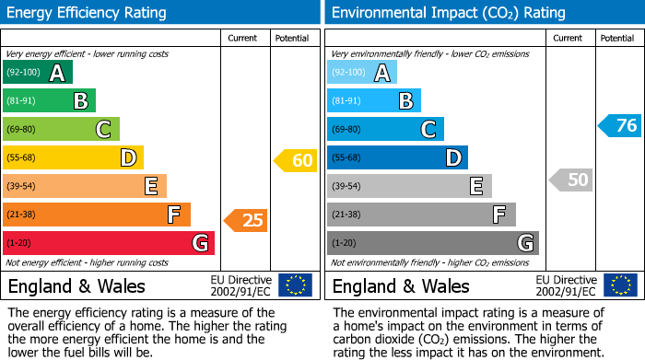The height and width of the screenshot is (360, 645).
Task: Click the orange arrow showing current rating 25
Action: [x=246, y=220]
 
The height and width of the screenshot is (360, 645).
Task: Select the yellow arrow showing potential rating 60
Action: [x=295, y=161]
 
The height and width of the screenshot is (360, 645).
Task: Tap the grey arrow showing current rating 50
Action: [x=570, y=180]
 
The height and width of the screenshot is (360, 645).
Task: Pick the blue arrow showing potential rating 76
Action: [x=619, y=125]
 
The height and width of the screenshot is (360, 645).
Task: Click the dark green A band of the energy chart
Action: [x=37, y=73]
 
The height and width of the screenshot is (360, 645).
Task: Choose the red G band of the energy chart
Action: [x=108, y=243]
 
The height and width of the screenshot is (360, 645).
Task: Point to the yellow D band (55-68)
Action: [x=72, y=157]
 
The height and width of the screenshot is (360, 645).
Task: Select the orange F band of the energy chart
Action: [x=96, y=215]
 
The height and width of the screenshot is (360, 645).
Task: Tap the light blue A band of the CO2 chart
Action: [x=362, y=73]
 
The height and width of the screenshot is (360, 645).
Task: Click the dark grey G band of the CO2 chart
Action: [x=432, y=243]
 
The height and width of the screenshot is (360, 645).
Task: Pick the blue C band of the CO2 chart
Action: [x=385, y=129]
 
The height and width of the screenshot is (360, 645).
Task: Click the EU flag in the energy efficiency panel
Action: [x=296, y=285]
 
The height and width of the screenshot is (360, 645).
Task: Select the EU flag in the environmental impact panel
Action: [x=620, y=285]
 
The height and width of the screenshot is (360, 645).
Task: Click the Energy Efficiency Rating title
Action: [x=87, y=13]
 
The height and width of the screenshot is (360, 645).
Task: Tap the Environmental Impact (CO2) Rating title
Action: [x=448, y=13]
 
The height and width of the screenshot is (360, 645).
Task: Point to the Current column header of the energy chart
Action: [x=244, y=38]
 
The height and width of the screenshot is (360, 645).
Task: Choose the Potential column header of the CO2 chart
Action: [x=617, y=38]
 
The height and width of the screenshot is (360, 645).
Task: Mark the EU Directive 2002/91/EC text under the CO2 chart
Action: [x=565, y=285]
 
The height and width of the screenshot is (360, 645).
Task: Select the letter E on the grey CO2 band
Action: [x=475, y=186]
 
